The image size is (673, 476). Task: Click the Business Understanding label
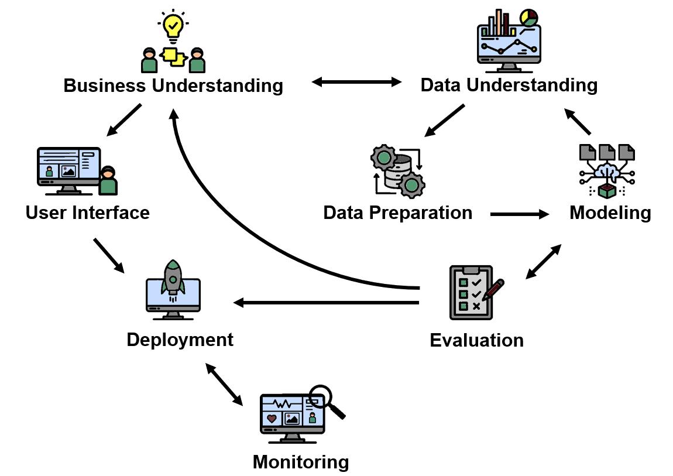(x=173, y=85)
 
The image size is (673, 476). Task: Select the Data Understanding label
(x=509, y=85)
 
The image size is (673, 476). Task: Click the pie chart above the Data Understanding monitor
(x=529, y=18)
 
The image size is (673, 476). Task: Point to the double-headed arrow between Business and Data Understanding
(x=356, y=81)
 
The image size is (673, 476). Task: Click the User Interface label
(x=88, y=213)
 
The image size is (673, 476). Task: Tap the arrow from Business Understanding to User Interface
(x=123, y=120)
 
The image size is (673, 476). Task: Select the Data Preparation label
(x=397, y=213)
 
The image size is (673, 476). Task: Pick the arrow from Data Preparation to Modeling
(x=520, y=214)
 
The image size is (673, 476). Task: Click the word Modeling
(x=610, y=213)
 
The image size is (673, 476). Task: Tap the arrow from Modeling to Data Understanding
(x=577, y=121)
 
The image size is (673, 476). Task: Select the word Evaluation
(x=476, y=340)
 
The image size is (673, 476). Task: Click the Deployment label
(x=180, y=340)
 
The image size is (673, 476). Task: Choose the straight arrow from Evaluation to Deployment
(x=326, y=303)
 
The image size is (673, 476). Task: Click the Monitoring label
(x=300, y=463)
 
